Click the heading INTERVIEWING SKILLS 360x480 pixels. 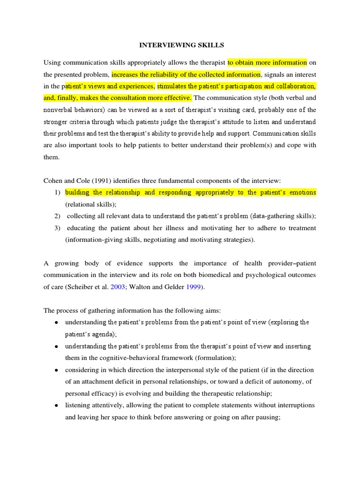181,45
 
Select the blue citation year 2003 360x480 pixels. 118,287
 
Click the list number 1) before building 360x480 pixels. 57,193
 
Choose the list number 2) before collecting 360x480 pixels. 57,216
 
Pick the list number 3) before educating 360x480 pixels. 57,228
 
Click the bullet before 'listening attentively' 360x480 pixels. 56,405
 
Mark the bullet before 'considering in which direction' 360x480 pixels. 56,370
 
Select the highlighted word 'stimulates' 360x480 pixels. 172,86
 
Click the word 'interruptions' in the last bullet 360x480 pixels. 294,405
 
